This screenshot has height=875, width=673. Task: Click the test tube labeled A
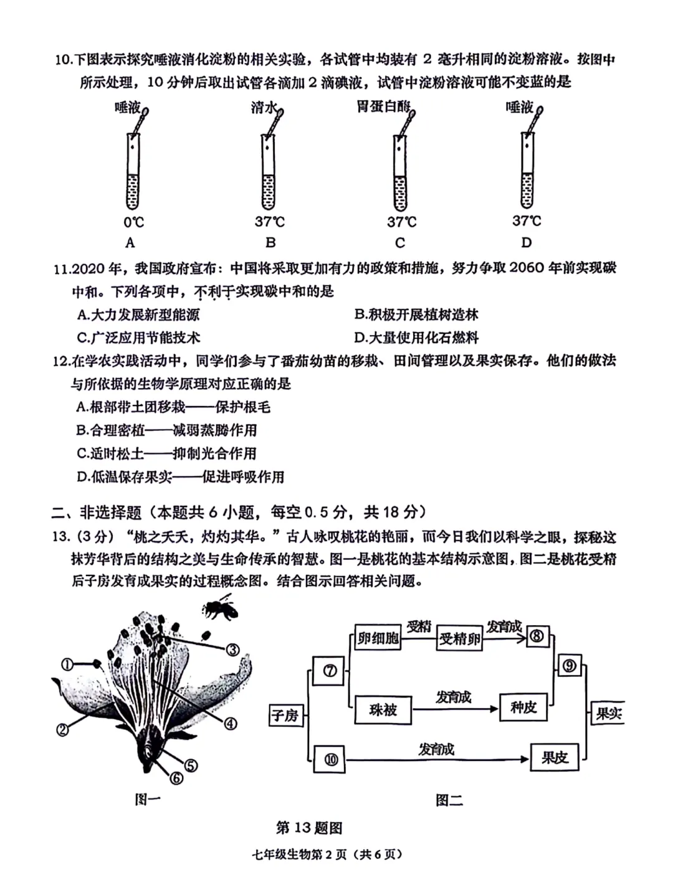pos(133,171)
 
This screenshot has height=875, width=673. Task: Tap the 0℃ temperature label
pos(133,222)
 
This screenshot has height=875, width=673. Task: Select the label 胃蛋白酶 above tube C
pos(382,106)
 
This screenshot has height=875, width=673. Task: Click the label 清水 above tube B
pos(263,108)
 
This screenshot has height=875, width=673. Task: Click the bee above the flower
pos(219,609)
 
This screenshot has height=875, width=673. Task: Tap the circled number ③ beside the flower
pos(232,650)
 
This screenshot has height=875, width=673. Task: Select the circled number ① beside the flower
pos(67,665)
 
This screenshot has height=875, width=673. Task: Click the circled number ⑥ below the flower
pos(176,778)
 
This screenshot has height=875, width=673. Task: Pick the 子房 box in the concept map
pos(285,716)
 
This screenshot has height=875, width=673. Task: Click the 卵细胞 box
pos(378,638)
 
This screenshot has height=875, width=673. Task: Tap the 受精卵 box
pos(460,638)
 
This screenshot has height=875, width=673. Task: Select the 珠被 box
pos(383,709)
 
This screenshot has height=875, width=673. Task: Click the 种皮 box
pos(523,707)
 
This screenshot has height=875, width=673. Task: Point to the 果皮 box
pos(554,757)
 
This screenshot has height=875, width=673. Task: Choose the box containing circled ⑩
pos(331,759)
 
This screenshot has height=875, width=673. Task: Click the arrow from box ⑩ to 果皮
pos(436,759)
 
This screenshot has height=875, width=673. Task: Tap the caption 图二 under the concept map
pos(449,800)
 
